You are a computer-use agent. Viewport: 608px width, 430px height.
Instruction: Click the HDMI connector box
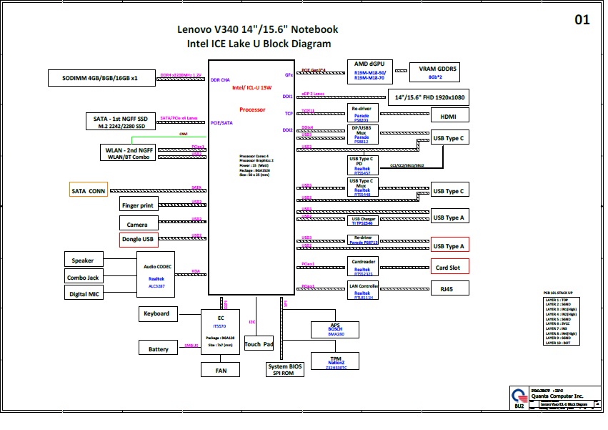(449, 116)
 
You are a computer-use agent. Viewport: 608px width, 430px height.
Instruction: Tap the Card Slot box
(449, 268)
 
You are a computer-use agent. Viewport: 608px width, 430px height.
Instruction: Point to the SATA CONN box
(87, 191)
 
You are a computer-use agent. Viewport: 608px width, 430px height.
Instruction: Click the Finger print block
(137, 205)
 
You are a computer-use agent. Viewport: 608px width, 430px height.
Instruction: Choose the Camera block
(137, 225)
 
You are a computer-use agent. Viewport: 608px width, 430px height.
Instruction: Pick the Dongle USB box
(137, 240)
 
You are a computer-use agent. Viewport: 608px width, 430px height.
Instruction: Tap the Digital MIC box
(84, 294)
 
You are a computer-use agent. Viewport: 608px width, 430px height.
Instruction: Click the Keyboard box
(156, 313)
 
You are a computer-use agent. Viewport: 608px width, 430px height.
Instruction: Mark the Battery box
(158, 348)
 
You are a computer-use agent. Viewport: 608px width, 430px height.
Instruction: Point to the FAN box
(221, 370)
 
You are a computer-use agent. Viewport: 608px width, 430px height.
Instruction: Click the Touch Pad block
(259, 344)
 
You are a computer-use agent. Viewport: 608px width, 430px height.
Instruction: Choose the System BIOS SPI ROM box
(285, 369)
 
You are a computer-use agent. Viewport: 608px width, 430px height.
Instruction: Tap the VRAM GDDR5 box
(433, 72)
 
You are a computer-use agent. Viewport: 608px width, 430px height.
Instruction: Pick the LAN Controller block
(362, 290)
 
